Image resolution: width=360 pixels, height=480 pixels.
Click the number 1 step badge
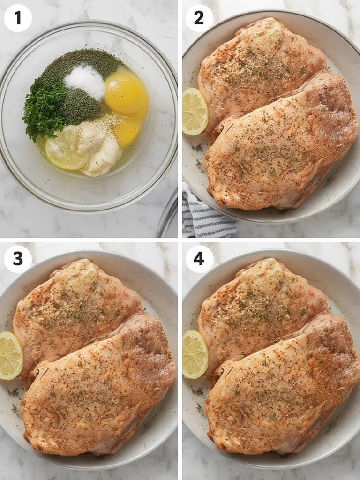pos(18,18)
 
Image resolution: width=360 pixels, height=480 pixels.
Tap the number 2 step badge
pos(199,18)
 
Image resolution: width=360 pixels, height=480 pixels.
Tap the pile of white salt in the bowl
pos(85,81)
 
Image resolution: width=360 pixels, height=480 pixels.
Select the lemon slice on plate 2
pos(194,112)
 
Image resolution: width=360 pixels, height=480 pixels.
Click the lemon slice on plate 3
pos(9,356)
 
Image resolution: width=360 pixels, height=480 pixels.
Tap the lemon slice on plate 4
pos(195,354)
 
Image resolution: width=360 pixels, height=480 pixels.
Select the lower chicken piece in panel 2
pos(281,150)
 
